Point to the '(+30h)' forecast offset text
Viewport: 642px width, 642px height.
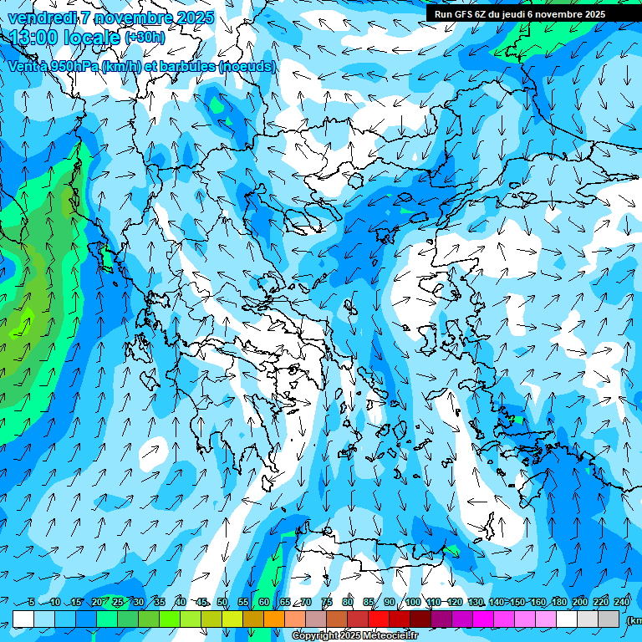[x=145, y=38]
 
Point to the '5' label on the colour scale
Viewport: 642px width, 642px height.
[x=31, y=603]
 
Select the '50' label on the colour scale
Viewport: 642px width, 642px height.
[x=222, y=603]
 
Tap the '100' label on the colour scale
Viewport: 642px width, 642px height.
[x=412, y=603]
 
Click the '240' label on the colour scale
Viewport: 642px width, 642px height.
[x=621, y=603]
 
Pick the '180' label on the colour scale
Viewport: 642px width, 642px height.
[x=558, y=603]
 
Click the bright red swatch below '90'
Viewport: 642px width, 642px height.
[x=379, y=619]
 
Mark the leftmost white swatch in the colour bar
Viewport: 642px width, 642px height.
[x=23, y=619]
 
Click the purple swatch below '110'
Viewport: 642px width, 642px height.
[x=441, y=619]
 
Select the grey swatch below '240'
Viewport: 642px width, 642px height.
[x=609, y=619]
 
